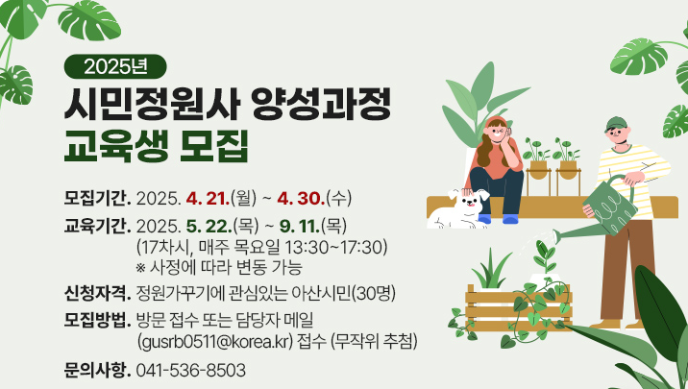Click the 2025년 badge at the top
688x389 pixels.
(x=115, y=66)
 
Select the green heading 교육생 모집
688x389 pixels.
(x=157, y=145)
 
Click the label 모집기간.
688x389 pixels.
(x=97, y=199)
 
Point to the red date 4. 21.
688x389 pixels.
(x=208, y=199)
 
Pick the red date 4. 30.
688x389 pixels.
(x=301, y=199)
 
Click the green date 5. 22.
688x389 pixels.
(x=209, y=227)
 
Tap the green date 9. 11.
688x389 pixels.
(x=300, y=227)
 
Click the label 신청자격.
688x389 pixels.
(x=97, y=293)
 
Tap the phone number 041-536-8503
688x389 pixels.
(x=191, y=370)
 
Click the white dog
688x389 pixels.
(x=459, y=208)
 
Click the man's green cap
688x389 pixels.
(x=616, y=124)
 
